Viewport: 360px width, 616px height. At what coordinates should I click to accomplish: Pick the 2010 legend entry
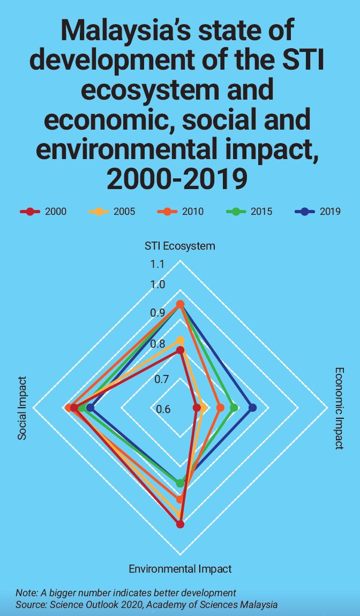(x=181, y=211)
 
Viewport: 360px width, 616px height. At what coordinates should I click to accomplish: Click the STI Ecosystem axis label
(x=180, y=246)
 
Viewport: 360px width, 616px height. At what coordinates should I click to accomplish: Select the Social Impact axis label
(x=22, y=408)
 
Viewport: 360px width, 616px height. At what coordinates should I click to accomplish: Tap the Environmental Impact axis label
(x=181, y=568)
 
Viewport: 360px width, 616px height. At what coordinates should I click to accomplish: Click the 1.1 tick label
(x=157, y=265)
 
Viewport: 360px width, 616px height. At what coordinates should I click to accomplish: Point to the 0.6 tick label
(x=164, y=409)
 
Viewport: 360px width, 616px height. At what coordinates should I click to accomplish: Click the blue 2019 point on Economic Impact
(x=253, y=408)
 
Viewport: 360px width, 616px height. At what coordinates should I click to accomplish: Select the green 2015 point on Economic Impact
(x=234, y=408)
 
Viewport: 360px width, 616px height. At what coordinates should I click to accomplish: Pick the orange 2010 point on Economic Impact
(x=220, y=408)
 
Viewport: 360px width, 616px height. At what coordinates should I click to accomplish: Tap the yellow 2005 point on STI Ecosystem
(x=181, y=340)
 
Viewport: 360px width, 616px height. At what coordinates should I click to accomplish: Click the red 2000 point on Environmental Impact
(x=180, y=524)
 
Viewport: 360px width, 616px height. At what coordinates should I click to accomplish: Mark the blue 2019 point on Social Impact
(x=90, y=408)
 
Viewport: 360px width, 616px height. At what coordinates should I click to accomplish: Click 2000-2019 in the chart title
(x=177, y=179)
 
